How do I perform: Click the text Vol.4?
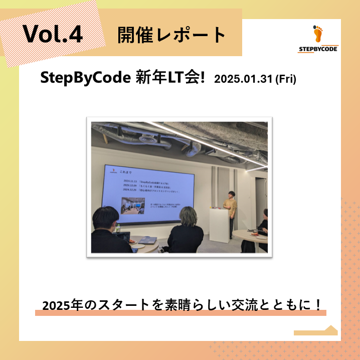click(52, 34)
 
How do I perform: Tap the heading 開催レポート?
click(171, 35)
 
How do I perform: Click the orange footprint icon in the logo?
click(318, 34)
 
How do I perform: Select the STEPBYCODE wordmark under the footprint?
click(318, 49)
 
